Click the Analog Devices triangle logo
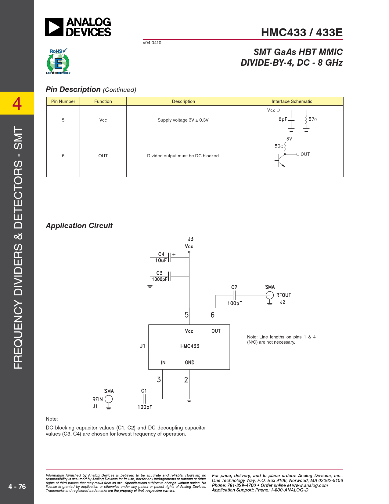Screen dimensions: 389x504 pyautogui.click(x=54, y=27)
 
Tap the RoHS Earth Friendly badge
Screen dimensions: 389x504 pyautogui.click(x=58, y=61)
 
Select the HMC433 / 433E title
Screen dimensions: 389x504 pyautogui.click(x=302, y=32)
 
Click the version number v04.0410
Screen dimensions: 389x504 pyautogui.click(x=152, y=43)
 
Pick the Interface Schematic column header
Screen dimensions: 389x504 pyautogui.click(x=292, y=101)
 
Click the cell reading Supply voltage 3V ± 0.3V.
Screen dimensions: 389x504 pyautogui.click(x=183, y=120)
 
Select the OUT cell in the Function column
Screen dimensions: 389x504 pyautogui.click(x=103, y=156)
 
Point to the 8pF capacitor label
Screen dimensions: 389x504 pyautogui.click(x=283, y=119)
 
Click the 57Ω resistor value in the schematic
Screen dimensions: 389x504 pyautogui.click(x=312, y=119)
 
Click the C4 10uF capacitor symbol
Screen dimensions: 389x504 pyautogui.click(x=169, y=257)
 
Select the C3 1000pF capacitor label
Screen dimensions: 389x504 pyautogui.click(x=159, y=276)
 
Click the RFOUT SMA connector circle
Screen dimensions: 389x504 pyautogui.click(x=269, y=295)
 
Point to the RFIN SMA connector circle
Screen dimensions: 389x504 pyautogui.click(x=109, y=399)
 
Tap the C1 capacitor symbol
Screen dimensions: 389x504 pyautogui.click(x=144, y=399)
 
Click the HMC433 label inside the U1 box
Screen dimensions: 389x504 pyautogui.click(x=190, y=346)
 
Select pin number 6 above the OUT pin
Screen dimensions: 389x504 pyautogui.click(x=212, y=315)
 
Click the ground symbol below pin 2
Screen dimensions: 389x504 pyautogui.click(x=189, y=400)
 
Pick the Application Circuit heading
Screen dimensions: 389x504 pyautogui.click(x=79, y=225)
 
